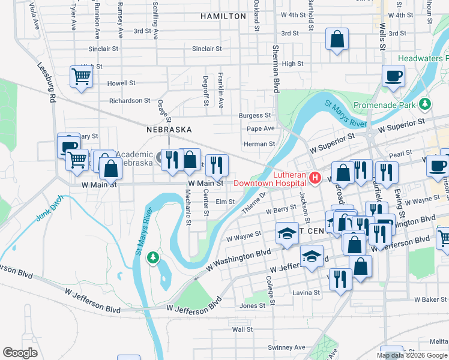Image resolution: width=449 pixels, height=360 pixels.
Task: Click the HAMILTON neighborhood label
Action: (x=223, y=16)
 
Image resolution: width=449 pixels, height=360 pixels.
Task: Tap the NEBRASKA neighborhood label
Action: (x=169, y=130)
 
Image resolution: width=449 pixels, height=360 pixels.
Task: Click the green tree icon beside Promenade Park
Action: (x=425, y=104)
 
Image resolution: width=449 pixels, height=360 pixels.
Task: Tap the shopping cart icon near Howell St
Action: (x=81, y=77)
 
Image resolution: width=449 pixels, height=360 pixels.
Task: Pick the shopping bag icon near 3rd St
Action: (x=337, y=40)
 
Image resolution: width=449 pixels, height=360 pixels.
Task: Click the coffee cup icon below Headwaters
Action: (x=393, y=76)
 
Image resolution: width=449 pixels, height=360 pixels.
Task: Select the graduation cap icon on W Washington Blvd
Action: (x=287, y=233)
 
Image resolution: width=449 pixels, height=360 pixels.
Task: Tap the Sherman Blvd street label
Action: (x=277, y=69)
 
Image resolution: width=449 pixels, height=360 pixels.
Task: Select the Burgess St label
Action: (x=255, y=115)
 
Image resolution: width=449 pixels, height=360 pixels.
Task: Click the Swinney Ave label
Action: (x=287, y=347)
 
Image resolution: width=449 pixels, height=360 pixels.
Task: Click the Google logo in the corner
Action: (x=20, y=353)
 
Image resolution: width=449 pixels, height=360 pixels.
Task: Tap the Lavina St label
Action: (x=307, y=293)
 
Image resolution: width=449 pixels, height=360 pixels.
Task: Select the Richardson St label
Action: (x=130, y=101)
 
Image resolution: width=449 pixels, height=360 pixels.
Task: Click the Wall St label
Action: (x=243, y=329)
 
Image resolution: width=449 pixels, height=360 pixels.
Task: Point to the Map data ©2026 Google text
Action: (x=411, y=355)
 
